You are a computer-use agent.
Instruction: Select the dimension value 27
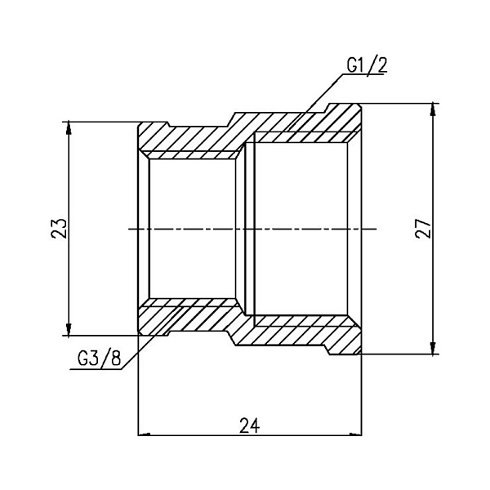coord(423,229)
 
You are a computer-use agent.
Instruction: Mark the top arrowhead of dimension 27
coord(434,109)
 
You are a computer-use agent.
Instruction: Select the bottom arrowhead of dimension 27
coord(434,350)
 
